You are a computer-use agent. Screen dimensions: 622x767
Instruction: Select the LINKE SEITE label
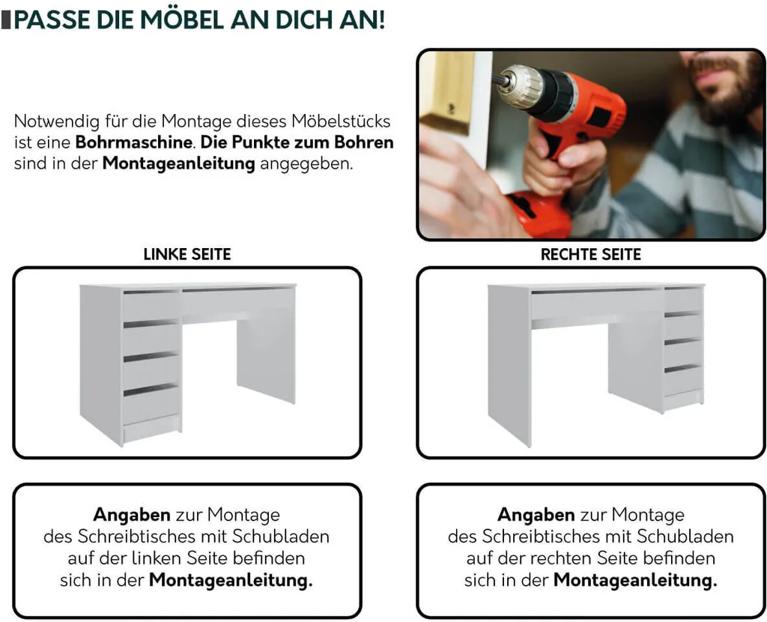pyautogui.click(x=187, y=255)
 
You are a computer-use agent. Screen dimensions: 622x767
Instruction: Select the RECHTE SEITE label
pyautogui.click(x=591, y=255)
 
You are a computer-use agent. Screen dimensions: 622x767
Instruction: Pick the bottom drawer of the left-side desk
pyautogui.click(x=151, y=405)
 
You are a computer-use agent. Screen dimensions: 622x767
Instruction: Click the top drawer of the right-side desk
pyautogui.click(x=682, y=300)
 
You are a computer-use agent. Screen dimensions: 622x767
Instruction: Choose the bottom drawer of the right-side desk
pyautogui.click(x=682, y=381)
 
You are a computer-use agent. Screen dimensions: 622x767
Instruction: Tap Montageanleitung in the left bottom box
pyautogui.click(x=231, y=580)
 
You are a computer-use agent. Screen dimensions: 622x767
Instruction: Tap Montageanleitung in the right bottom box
pyautogui.click(x=635, y=580)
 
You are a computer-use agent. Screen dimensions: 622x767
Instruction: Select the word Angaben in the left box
pyautogui.click(x=132, y=515)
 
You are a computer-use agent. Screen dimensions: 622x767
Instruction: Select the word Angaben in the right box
pyautogui.click(x=536, y=515)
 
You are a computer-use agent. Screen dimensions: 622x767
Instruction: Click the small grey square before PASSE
pyautogui.click(x=7, y=19)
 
